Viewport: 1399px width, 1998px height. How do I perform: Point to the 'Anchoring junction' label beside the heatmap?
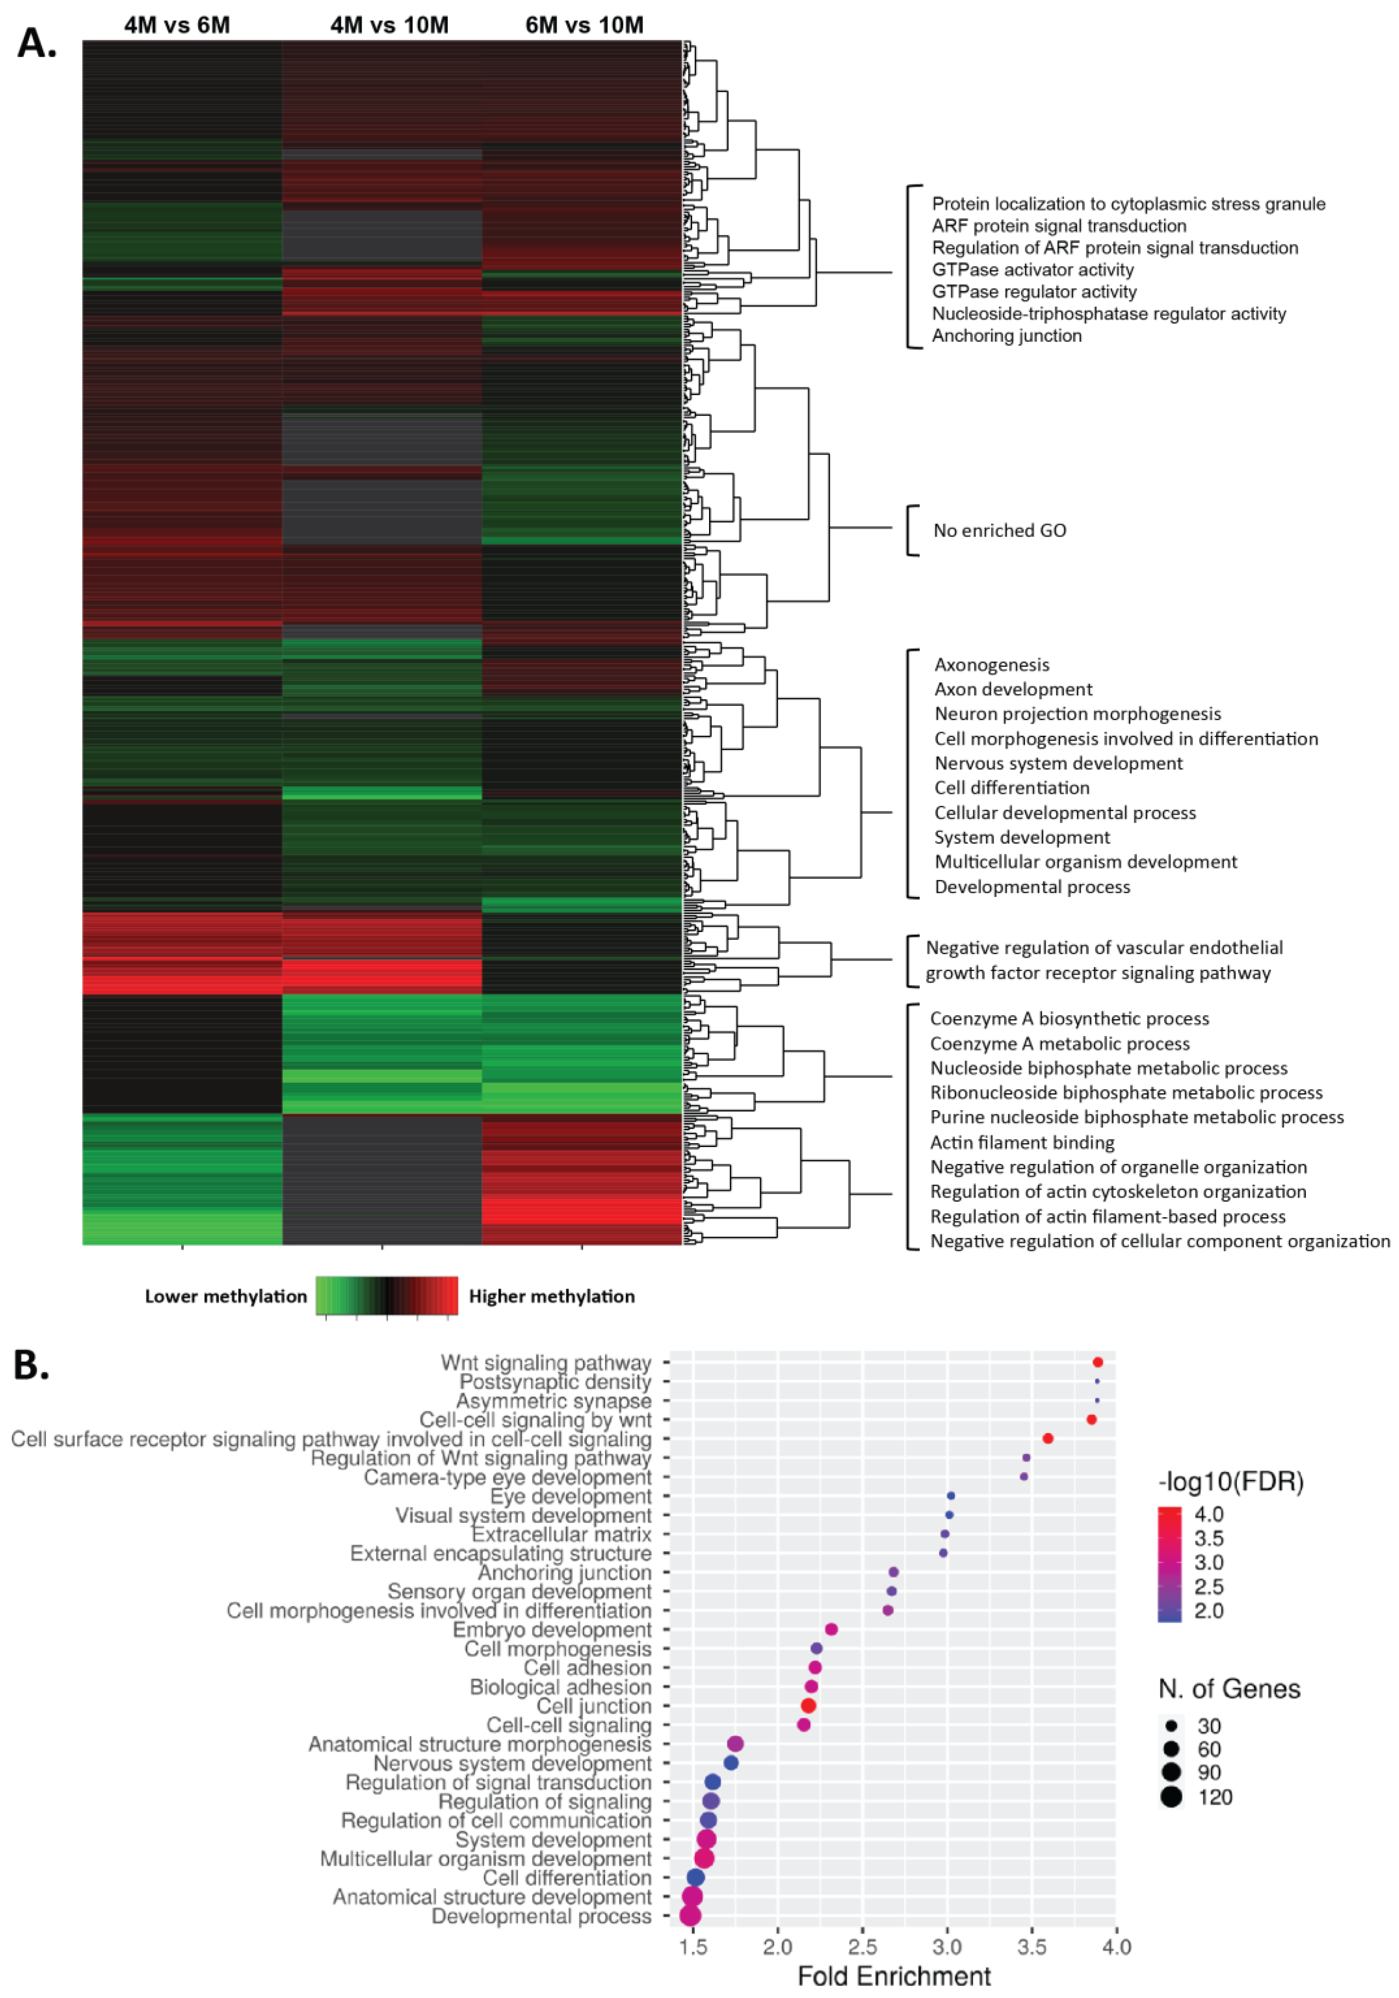1007,336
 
